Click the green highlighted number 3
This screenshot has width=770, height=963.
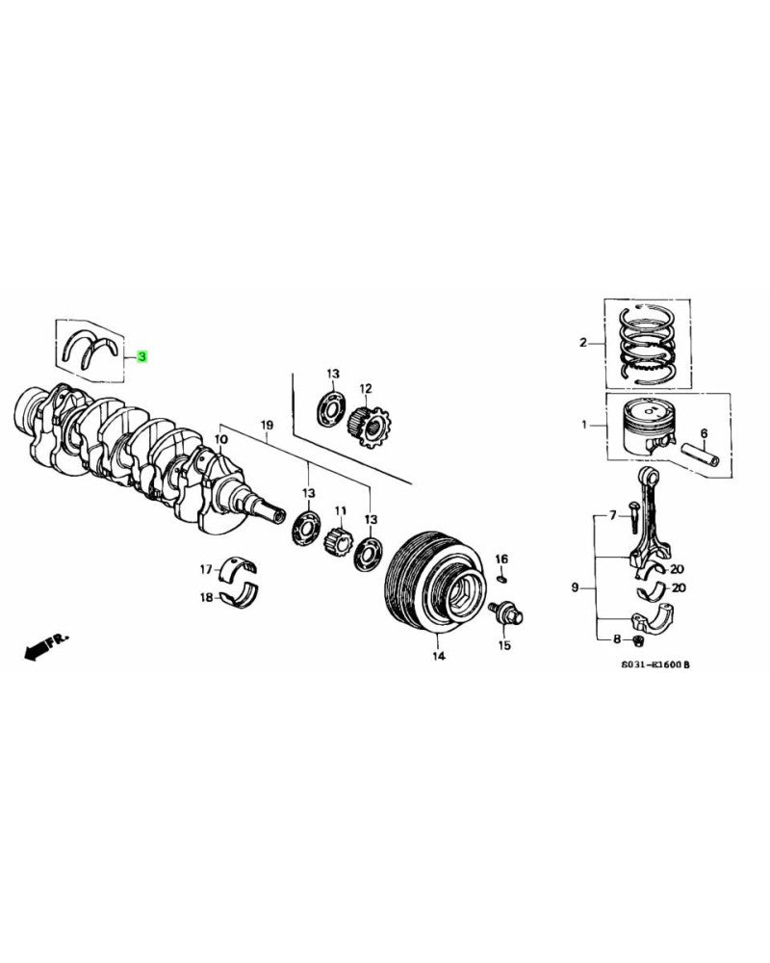pyautogui.click(x=141, y=357)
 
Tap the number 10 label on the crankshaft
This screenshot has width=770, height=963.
pyautogui.click(x=220, y=440)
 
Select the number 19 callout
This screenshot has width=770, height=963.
pyautogui.click(x=267, y=425)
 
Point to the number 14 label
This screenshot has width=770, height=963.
pyautogui.click(x=438, y=657)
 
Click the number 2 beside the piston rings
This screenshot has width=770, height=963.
pyautogui.click(x=582, y=343)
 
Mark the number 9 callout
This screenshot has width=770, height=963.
pyautogui.click(x=575, y=586)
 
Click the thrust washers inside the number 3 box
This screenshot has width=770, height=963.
pyautogui.click(x=90, y=349)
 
